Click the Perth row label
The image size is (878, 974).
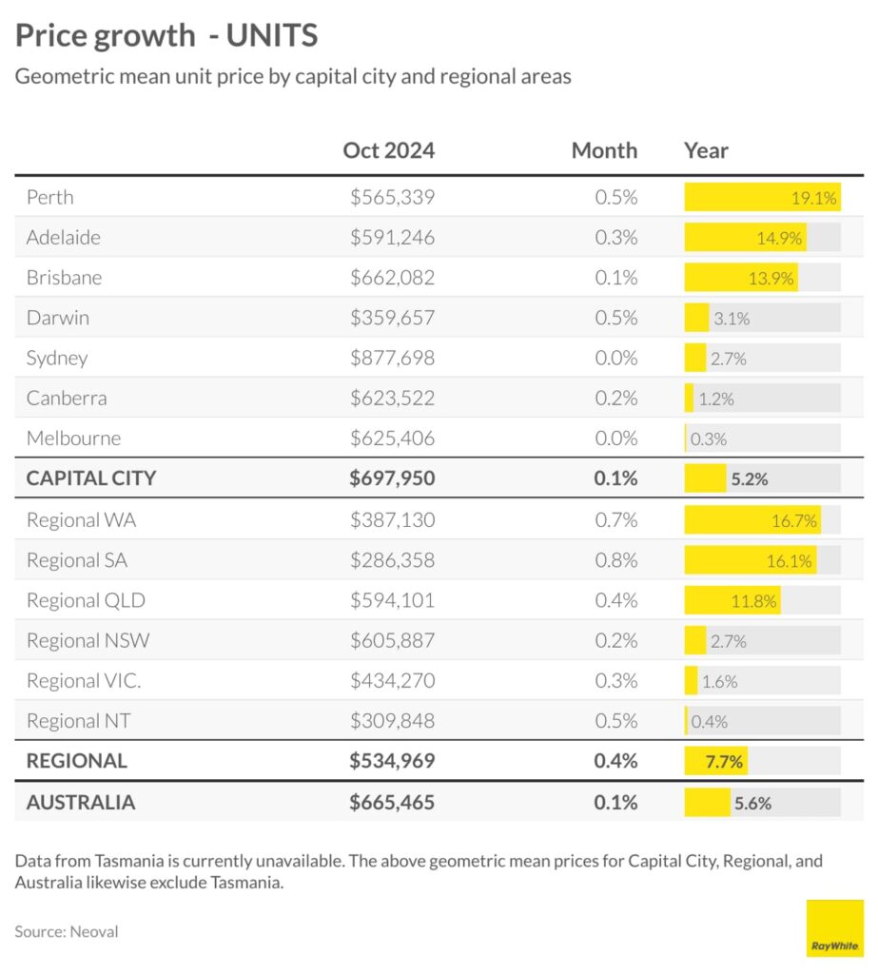pos(49,198)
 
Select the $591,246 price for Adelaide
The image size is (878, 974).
pos(392,238)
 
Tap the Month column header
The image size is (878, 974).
pos(604,150)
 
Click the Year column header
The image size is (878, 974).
pos(706,150)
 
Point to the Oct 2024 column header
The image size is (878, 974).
pos(388,150)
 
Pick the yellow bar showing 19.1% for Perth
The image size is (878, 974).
pos(761,198)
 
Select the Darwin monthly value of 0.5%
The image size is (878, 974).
pos(616,319)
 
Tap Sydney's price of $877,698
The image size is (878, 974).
pos(392,359)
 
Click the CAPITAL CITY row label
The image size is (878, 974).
pos(90,478)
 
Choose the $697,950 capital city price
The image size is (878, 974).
pos(392,478)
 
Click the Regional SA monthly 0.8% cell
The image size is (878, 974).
pos(616,560)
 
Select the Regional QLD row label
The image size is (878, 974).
pos(86,601)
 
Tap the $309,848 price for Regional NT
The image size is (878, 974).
pos(392,721)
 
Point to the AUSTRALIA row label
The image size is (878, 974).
pos(81,802)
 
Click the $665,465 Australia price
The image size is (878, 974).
pos(392,802)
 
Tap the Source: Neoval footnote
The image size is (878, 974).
pos(67,931)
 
